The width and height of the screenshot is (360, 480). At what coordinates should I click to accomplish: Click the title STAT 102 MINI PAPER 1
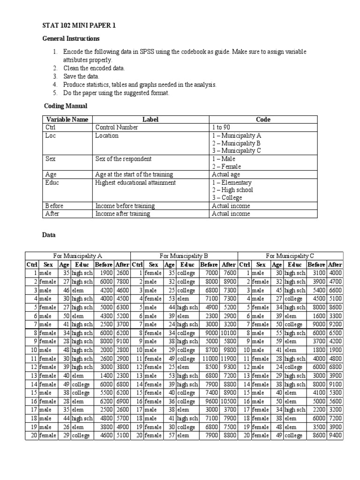(79, 26)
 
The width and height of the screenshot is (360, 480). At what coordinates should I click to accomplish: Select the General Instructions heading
(71, 38)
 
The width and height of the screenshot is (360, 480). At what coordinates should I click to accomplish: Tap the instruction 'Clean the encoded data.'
(94, 68)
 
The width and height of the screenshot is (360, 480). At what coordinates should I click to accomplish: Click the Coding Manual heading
(66, 106)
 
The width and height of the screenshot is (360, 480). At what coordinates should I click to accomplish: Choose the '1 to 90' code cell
(221, 127)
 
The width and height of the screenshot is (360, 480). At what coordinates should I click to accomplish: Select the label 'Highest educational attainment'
(135, 182)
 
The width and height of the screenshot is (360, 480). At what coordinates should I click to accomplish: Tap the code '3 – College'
(227, 197)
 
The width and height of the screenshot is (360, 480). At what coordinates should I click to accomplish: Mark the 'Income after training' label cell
(122, 213)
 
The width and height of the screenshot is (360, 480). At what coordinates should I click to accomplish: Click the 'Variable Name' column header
(67, 120)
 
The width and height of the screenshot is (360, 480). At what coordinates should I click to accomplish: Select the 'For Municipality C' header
(290, 256)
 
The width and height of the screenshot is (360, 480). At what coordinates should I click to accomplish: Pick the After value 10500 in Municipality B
(229, 401)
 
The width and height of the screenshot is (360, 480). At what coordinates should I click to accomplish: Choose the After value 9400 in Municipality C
(335, 435)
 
